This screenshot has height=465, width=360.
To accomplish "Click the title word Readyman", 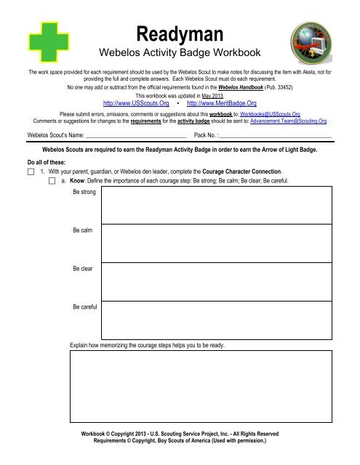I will click(180, 33).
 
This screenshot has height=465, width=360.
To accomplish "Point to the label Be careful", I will click(86, 307).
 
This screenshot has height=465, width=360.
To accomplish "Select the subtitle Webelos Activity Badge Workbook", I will click(180, 53).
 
